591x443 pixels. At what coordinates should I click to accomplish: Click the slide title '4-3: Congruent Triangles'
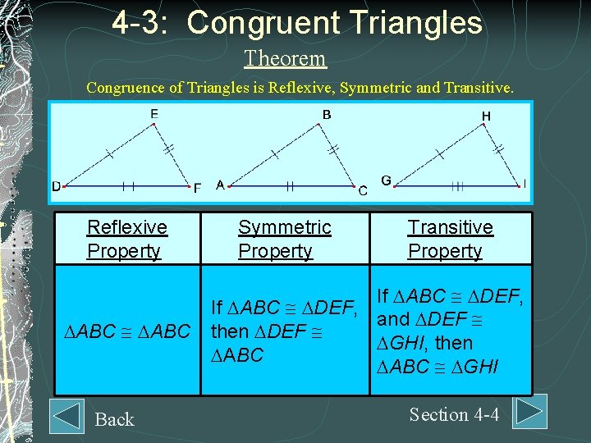click(x=297, y=22)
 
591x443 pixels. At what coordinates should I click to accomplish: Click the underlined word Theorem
click(x=285, y=58)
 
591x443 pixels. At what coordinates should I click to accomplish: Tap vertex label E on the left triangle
click(x=154, y=114)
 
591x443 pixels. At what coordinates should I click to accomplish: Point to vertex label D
click(x=57, y=186)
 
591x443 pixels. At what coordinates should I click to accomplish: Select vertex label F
click(x=197, y=188)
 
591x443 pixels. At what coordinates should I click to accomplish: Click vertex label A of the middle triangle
click(x=220, y=185)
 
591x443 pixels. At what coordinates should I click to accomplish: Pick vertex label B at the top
click(x=327, y=115)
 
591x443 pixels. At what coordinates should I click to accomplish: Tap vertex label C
click(x=363, y=190)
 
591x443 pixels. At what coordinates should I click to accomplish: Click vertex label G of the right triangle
click(x=386, y=180)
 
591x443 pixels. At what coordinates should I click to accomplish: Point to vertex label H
click(x=486, y=116)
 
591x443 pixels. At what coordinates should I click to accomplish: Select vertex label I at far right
click(x=525, y=182)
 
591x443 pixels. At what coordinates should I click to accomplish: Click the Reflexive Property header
click(x=126, y=239)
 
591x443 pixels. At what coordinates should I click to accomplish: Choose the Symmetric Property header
click(x=284, y=239)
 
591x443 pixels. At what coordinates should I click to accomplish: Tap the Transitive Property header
click(x=450, y=239)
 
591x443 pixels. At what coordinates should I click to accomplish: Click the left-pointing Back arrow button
click(x=66, y=416)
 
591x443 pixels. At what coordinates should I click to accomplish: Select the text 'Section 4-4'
click(x=454, y=414)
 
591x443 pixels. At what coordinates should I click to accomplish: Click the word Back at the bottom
click(x=114, y=419)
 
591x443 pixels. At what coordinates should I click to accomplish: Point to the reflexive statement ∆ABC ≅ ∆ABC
click(x=126, y=332)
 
